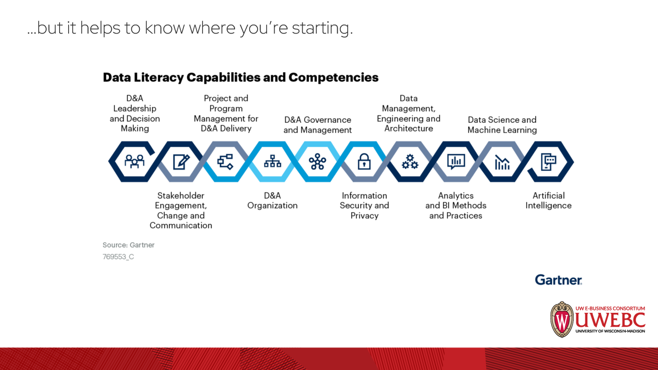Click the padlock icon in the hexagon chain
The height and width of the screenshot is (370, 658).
pos(364,161)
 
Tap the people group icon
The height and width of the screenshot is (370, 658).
pos(134,161)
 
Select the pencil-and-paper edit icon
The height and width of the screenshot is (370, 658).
pos(180,161)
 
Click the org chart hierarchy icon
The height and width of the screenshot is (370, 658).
pos(272,161)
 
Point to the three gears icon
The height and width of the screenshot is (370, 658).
pos(409,161)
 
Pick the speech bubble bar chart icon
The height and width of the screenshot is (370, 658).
pos(456,161)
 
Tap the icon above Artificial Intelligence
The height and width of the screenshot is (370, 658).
pos(548,161)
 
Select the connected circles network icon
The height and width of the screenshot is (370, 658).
pos(317,161)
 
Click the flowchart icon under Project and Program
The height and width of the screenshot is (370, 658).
pos(226,161)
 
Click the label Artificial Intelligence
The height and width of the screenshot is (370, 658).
pos(548,201)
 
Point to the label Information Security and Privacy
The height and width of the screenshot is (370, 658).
pos(364,206)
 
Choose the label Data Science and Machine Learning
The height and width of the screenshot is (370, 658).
pos(502,125)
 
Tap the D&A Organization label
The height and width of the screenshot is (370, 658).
pos(272,201)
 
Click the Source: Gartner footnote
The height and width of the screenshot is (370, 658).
pos(128,245)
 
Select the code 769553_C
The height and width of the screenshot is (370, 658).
pos(118,257)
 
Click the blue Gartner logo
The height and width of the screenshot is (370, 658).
pos(558,280)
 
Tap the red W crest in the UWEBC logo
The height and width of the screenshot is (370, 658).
pos(562,319)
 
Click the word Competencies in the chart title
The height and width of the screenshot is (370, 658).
pos(333,78)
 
